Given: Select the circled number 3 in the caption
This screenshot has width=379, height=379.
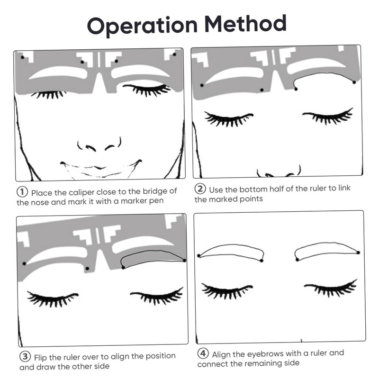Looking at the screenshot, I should (x=24, y=356).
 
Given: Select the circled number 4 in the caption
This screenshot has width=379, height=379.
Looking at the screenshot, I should (x=203, y=354).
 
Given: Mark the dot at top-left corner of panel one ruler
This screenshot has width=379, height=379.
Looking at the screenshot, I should (x=22, y=57).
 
